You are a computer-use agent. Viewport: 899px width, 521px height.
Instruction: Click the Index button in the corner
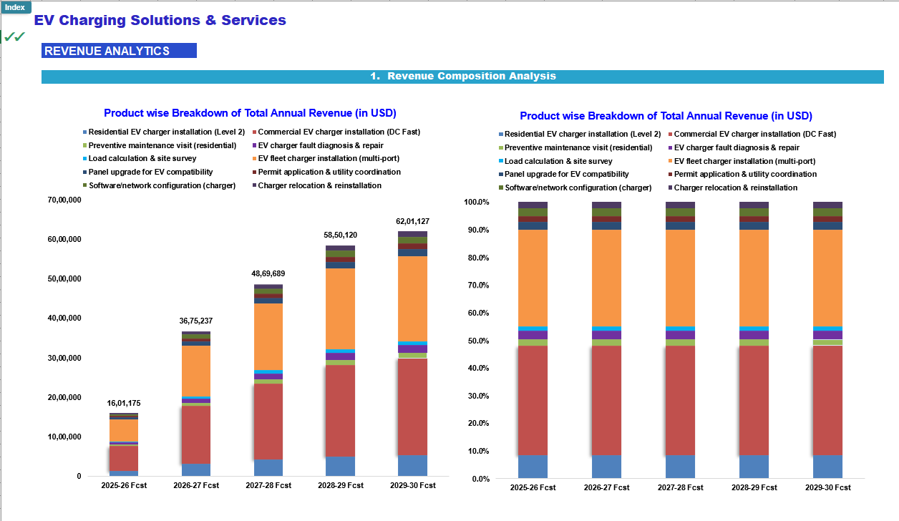coord(15,7)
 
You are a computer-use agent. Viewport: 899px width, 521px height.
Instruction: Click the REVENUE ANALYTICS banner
coord(119,51)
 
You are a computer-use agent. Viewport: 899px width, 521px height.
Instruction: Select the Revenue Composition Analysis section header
coord(462,77)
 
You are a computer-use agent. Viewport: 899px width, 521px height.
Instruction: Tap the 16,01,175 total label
coord(124,403)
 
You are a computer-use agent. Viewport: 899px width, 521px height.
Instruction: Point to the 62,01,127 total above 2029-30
coord(412,221)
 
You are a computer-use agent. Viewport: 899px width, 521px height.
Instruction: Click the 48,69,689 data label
coord(268,273)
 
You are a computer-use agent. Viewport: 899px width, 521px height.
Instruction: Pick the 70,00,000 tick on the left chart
coord(64,200)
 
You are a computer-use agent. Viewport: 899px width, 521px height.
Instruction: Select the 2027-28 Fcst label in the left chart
coord(268,485)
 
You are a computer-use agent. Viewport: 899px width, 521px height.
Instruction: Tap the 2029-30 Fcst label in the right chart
coord(828,487)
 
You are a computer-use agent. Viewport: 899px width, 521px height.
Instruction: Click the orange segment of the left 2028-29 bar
coord(340,308)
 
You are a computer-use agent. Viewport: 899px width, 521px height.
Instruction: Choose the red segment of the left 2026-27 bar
coord(196,434)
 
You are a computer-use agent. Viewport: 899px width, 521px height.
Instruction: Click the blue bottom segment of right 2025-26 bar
coord(533,467)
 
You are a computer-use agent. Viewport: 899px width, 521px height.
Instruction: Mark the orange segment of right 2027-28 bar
coord(680,278)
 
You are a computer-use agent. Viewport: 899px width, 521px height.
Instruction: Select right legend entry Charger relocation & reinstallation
coord(732,188)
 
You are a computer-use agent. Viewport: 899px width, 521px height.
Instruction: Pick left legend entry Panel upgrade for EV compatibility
coord(147,172)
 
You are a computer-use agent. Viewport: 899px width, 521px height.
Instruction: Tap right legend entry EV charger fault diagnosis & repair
coord(734,147)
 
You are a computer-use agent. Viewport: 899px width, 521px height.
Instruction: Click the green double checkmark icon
coord(14,37)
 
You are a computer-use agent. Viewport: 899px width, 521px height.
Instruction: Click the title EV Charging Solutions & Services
coord(160,20)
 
